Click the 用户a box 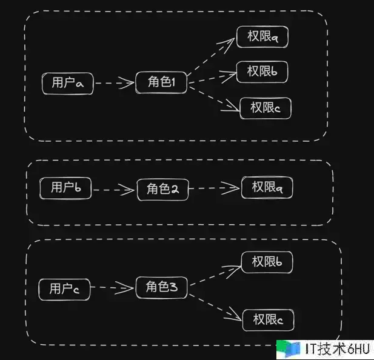(x=68, y=84)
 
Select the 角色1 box (x=161, y=82)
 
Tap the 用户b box (x=65, y=188)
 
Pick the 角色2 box (x=163, y=190)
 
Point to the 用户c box (x=64, y=290)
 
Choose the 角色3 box (x=162, y=287)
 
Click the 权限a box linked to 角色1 (x=262, y=37)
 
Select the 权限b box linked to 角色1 (x=262, y=72)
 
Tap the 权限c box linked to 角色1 (x=265, y=108)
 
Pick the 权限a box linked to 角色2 (x=267, y=188)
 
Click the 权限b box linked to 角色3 (x=267, y=262)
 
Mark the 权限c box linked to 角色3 (x=269, y=320)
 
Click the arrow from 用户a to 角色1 (x=115, y=83)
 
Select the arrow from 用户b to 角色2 (x=114, y=190)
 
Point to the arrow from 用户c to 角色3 (x=112, y=288)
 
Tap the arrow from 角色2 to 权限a (x=214, y=188)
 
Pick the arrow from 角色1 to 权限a (x=211, y=57)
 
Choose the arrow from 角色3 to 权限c (x=215, y=307)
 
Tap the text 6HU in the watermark (x=359, y=349)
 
